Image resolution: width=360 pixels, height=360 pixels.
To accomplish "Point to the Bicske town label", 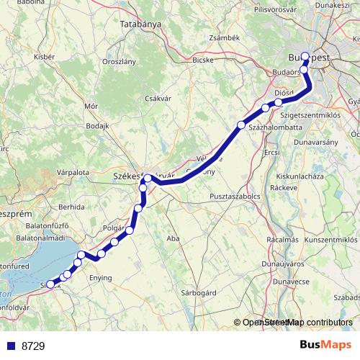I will click(x=203, y=60).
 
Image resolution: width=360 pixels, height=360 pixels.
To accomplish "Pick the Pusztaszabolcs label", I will click(x=235, y=196).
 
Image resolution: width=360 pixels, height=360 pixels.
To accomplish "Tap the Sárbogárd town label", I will click(x=197, y=294).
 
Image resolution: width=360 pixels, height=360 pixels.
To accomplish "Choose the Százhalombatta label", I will click(x=268, y=127).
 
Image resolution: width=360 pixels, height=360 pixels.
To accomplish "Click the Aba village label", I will click(x=173, y=238).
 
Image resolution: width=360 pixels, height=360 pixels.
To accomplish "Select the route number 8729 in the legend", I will click(x=33, y=346).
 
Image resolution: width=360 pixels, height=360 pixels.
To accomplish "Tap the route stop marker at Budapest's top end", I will click(x=305, y=57).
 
